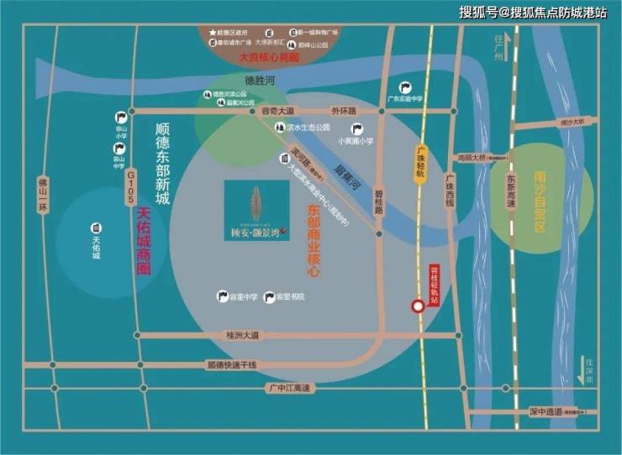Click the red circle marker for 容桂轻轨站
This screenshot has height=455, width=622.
point(417,306)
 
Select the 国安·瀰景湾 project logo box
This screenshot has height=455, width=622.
point(256,211)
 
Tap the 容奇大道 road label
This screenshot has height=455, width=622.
point(277,110)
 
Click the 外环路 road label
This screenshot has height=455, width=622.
point(344,110)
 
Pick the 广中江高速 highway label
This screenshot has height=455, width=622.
point(288,388)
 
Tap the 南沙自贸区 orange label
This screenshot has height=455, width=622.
point(540,201)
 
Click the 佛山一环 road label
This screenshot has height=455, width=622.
point(43,196)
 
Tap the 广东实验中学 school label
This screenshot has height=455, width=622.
point(404,98)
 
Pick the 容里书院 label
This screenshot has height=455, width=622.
point(290,297)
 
